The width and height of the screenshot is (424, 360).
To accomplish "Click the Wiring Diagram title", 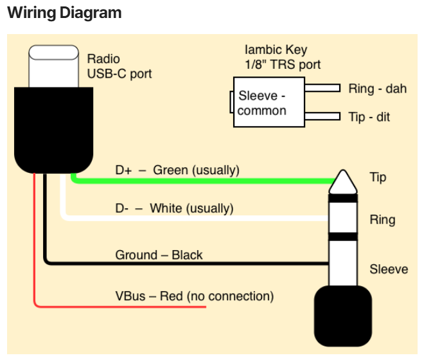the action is [x=64, y=13].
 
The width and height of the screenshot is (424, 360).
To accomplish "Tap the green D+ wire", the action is [x=200, y=181].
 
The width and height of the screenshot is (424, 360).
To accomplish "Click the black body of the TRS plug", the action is [x=343, y=316].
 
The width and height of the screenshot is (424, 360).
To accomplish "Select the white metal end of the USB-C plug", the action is [x=53, y=66].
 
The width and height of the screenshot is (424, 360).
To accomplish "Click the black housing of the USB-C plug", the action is [x=53, y=130].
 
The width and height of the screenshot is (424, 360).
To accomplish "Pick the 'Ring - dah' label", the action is [x=378, y=89].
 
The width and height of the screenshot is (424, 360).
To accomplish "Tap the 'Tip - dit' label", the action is [x=369, y=117].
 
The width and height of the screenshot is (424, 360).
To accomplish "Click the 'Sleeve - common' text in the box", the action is [x=261, y=103].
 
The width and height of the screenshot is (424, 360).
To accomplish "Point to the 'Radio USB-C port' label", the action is [x=119, y=66].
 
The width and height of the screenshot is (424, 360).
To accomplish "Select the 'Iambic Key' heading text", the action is [x=276, y=50].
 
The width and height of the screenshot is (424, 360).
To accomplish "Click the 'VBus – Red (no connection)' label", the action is [x=195, y=296].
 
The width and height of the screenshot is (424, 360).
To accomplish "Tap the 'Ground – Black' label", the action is [x=159, y=255].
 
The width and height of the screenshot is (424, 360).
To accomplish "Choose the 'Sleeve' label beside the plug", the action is [x=389, y=269].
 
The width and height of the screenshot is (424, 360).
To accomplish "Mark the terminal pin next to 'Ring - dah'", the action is [x=322, y=88].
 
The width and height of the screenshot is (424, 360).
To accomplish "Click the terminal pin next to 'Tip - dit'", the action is [x=322, y=116].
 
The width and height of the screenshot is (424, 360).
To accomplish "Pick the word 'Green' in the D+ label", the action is [x=170, y=170].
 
